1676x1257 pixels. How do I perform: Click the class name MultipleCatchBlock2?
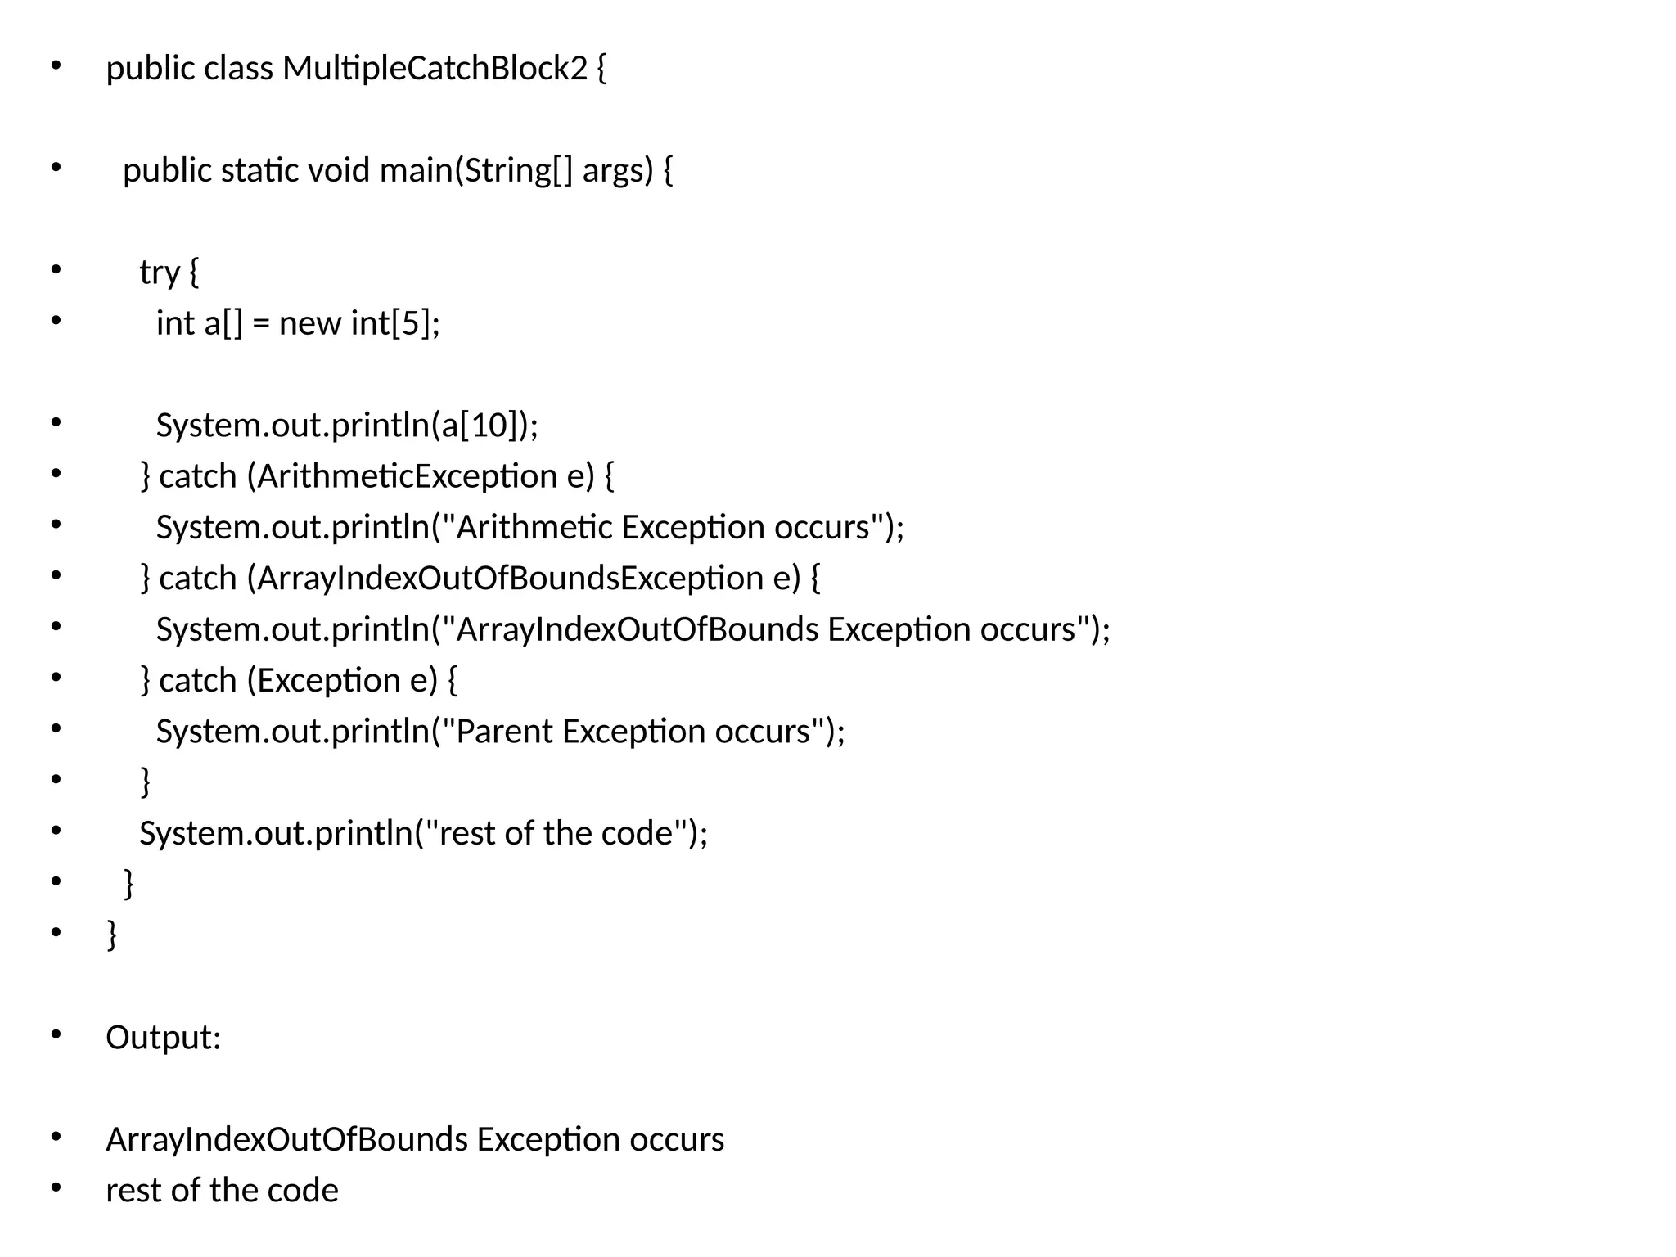(x=435, y=68)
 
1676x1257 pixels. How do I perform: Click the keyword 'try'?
(x=159, y=273)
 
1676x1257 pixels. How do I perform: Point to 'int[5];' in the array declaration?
(x=395, y=323)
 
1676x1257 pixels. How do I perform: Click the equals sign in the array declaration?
(x=261, y=324)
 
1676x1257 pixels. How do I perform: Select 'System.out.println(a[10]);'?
(x=347, y=426)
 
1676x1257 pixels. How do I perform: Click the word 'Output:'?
(x=164, y=1038)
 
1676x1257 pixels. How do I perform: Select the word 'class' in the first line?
(x=238, y=68)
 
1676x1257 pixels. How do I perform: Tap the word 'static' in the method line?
(x=259, y=170)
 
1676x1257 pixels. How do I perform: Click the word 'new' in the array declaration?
(x=309, y=323)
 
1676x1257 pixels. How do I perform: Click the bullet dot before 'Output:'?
(x=56, y=1035)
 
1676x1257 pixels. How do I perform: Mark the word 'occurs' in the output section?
(x=677, y=1140)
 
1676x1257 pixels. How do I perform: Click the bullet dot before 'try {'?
(x=56, y=269)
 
